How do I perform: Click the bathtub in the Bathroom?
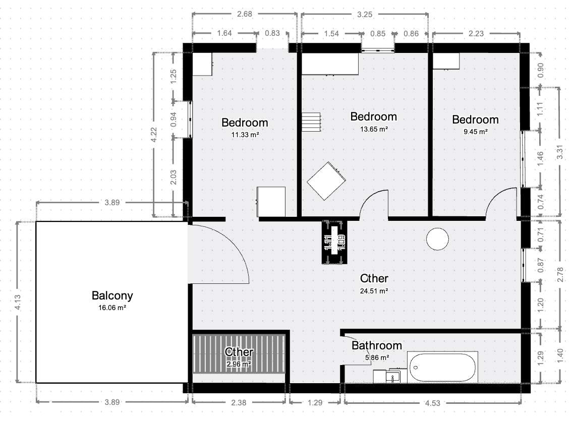click(x=442, y=368)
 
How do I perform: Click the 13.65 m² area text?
click(x=374, y=129)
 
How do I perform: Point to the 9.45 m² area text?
click(x=475, y=132)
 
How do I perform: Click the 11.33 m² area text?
click(x=245, y=135)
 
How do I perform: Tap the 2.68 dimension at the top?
click(x=244, y=14)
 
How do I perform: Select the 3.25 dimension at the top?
click(x=365, y=14)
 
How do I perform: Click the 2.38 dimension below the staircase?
click(x=240, y=402)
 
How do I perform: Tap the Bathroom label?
click(x=377, y=345)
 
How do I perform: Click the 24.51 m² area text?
click(x=374, y=291)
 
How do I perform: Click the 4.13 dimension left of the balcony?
click(x=18, y=302)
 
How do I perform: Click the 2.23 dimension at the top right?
click(x=476, y=34)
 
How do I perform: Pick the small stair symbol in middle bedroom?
click(x=312, y=122)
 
